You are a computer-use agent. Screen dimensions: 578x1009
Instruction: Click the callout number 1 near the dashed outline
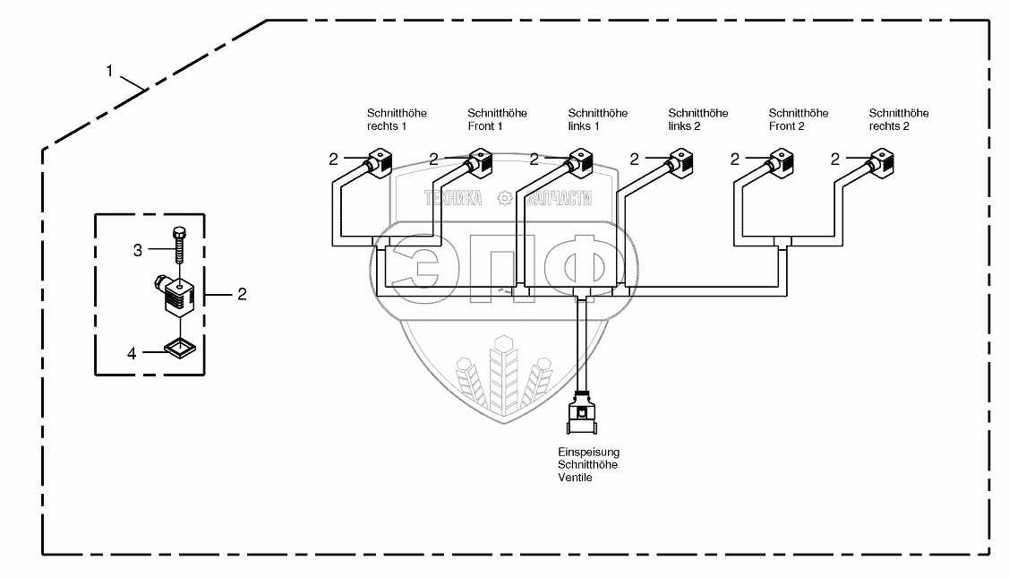(110, 71)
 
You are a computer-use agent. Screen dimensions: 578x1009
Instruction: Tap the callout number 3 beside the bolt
(138, 251)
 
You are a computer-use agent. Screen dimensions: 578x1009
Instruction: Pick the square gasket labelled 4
(179, 345)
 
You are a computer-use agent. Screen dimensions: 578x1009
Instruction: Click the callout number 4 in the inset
(132, 353)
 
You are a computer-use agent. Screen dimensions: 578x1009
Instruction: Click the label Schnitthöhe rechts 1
(397, 120)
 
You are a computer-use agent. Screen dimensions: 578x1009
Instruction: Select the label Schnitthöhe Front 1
(497, 120)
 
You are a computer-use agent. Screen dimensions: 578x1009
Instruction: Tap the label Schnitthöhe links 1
(597, 120)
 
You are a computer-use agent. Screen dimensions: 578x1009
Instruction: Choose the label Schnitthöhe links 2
(697, 120)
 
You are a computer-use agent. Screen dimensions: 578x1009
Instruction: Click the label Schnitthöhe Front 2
(799, 120)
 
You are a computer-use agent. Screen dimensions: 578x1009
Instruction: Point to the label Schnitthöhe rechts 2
(899, 120)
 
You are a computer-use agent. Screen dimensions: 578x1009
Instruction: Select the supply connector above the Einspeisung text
(583, 418)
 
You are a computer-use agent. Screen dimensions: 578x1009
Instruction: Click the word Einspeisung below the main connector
(587, 453)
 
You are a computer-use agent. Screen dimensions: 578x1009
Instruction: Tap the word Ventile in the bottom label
(574, 478)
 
